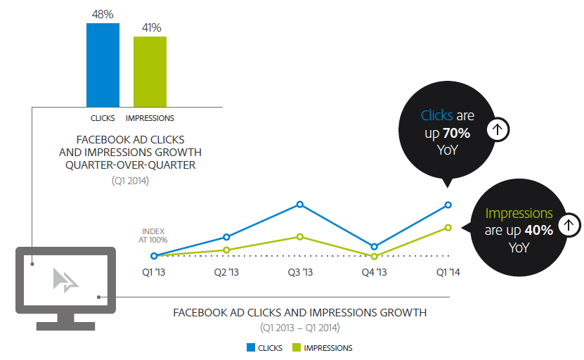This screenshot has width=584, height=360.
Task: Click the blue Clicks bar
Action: [x=103, y=65]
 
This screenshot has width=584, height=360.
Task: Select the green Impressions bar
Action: [x=150, y=71]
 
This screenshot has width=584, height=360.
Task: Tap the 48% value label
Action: [x=103, y=14]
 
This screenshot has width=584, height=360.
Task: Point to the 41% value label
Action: [x=150, y=27]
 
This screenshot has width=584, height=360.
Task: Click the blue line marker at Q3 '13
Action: [x=300, y=205]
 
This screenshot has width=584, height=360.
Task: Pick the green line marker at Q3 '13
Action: [x=300, y=237]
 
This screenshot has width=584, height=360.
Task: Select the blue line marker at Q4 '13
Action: [x=374, y=247]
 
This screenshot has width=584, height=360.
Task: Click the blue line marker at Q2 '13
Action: [x=226, y=237]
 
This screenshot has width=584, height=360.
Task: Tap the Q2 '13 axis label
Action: [x=226, y=272]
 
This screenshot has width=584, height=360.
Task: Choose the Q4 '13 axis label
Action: [x=374, y=272]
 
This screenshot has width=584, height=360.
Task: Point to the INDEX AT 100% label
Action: [x=154, y=235]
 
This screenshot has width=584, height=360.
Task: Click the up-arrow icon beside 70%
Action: [x=498, y=129]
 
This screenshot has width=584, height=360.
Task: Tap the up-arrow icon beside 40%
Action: [x=570, y=226]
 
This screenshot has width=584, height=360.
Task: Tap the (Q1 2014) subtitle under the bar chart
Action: [x=130, y=181]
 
